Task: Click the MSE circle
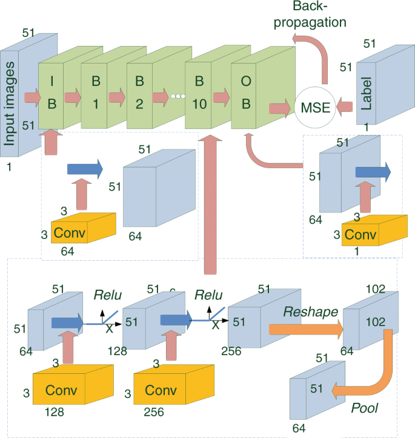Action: [314, 108]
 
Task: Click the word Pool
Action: [365, 408]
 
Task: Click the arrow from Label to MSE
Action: [343, 107]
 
